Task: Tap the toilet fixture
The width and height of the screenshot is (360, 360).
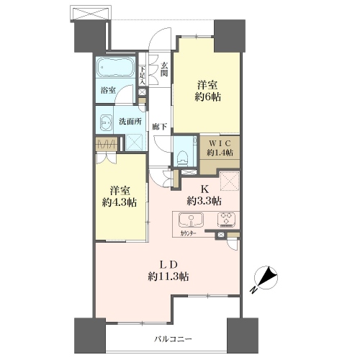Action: (x=181, y=158)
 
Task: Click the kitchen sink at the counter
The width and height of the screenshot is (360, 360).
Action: (x=191, y=220)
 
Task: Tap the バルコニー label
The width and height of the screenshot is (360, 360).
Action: (x=173, y=339)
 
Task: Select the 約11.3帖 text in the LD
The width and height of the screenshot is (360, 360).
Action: (x=168, y=277)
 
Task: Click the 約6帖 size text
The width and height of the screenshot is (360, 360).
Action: (x=208, y=97)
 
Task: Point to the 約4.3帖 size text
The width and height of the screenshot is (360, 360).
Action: (x=120, y=203)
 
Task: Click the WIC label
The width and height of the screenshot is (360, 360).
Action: (x=220, y=143)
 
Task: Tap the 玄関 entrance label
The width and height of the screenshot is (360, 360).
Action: (x=164, y=69)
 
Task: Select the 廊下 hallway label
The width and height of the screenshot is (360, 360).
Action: (x=160, y=127)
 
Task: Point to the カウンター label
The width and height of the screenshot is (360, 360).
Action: (x=188, y=234)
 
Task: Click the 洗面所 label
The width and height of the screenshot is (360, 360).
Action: (x=130, y=122)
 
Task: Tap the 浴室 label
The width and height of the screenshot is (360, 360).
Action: (x=108, y=91)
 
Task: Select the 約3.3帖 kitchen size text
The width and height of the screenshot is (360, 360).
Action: (x=204, y=201)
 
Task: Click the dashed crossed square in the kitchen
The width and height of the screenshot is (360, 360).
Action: (x=230, y=181)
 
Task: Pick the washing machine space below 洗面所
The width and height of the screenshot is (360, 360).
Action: (x=136, y=143)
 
